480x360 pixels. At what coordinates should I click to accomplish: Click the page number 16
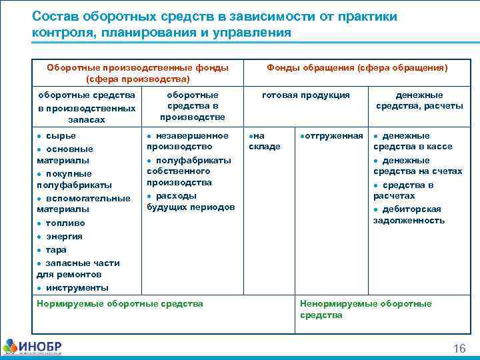click(x=459, y=349)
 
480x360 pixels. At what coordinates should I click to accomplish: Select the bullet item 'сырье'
click(x=61, y=136)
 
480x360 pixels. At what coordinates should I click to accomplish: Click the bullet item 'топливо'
click(x=65, y=223)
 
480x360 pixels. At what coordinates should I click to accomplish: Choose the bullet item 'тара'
click(x=56, y=249)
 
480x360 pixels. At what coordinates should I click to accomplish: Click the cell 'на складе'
click(x=264, y=141)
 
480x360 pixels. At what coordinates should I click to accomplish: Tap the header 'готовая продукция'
click(x=305, y=95)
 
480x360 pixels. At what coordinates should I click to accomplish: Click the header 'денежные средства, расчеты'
click(x=419, y=101)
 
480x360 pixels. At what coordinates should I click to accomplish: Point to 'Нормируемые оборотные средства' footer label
click(x=120, y=304)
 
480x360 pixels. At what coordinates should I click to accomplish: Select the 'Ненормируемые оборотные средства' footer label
click(x=365, y=309)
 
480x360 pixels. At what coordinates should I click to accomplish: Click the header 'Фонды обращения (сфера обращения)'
click(x=357, y=68)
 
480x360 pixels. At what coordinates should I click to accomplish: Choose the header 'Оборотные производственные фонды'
click(x=138, y=68)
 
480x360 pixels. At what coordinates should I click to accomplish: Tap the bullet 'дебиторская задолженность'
click(x=409, y=215)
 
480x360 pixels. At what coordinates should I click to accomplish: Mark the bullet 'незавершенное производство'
click(x=187, y=141)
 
